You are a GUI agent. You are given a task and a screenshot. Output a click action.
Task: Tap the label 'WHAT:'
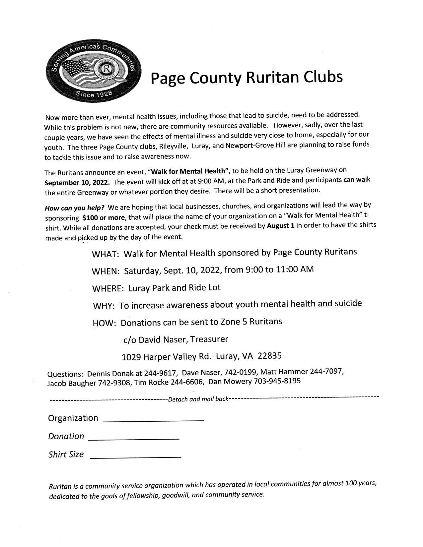click(x=105, y=254)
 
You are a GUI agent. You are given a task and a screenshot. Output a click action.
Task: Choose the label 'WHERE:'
click(x=108, y=288)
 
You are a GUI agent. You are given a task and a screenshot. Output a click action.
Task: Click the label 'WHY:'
click(x=104, y=306)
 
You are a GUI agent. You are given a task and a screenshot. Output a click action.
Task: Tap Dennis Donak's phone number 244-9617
click(x=161, y=373)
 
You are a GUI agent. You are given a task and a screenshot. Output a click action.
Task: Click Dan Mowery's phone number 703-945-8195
click(x=277, y=381)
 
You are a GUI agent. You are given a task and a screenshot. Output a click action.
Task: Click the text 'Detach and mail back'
click(x=198, y=399)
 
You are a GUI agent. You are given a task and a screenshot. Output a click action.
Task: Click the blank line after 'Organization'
click(x=153, y=420)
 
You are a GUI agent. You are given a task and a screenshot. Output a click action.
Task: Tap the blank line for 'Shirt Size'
click(x=135, y=457)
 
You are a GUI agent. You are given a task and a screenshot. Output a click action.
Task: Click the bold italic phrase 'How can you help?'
click(x=75, y=208)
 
